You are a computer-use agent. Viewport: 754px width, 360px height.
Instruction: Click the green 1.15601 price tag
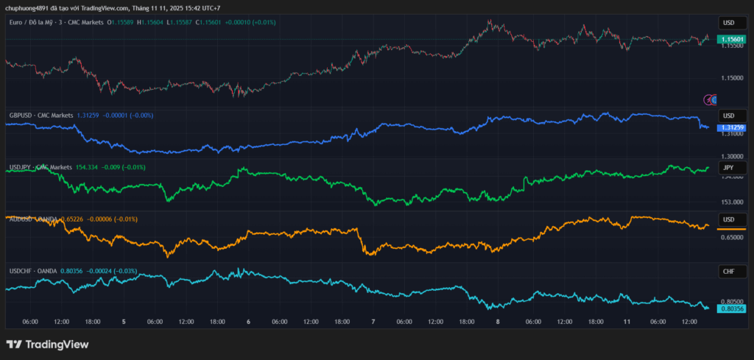pos(732,38)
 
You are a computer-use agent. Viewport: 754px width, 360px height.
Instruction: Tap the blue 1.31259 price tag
pos(732,127)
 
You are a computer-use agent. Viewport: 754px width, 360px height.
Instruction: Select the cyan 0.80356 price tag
pos(732,309)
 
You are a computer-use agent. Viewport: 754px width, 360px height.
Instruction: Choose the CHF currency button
pos(729,272)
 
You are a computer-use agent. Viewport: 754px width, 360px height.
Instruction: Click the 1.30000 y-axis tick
pos(732,156)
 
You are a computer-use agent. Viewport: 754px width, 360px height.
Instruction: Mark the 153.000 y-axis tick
pos(732,202)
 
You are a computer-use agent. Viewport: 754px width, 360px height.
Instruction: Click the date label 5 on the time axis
pos(124,322)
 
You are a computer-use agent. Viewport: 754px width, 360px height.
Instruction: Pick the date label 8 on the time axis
pos(498,322)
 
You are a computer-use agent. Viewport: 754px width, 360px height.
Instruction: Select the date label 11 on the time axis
pos(627,322)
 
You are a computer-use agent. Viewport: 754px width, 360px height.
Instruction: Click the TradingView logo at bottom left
pos(47,345)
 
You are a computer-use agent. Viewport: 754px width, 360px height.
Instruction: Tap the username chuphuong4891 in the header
pos(29,8)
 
